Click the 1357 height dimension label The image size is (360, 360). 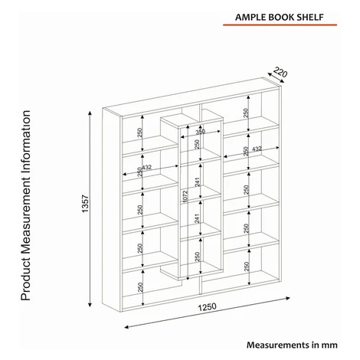coord(85,204)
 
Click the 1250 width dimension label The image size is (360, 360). coord(208,307)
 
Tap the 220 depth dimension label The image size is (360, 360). coord(280,72)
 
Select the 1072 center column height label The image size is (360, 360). coord(185,196)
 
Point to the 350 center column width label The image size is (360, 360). coord(201,132)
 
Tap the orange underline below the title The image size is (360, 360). coord(280,25)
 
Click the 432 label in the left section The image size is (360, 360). coord(146,167)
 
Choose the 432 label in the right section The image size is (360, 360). coord(257,149)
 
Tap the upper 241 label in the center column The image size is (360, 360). coord(197,182)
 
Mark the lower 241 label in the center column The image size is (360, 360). coord(197,218)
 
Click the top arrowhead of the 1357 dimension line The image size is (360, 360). coord(90,113)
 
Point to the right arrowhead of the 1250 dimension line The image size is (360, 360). coord(287,298)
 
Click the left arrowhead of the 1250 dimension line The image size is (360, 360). coord(127,327)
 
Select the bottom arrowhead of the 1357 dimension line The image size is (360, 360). coord(90,304)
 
